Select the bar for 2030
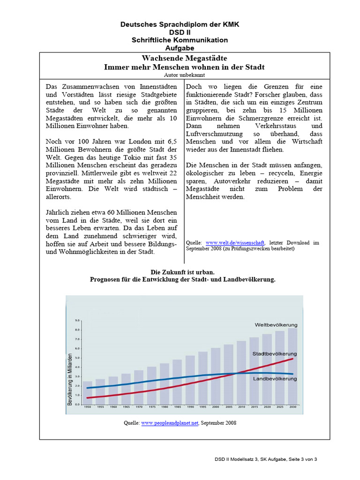292,366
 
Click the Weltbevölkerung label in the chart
276,325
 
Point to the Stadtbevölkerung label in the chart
274,353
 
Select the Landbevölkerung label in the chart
275,378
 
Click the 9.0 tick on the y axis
78,321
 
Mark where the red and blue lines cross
237,373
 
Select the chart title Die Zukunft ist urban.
182,272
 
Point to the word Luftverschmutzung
214,134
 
